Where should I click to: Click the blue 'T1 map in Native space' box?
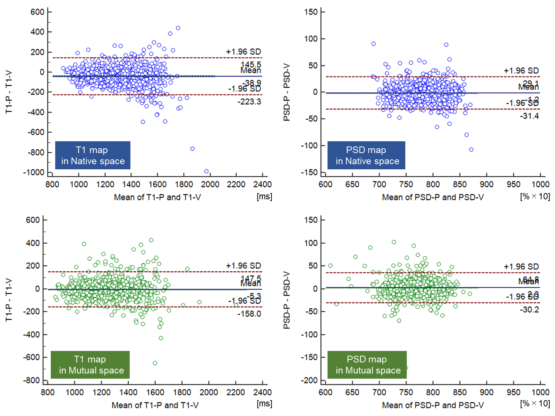[x=93, y=155]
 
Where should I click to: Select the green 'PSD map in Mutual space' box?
[x=367, y=365]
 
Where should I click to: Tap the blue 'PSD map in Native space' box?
[x=366, y=155]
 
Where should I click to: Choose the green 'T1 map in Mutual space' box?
[x=90, y=365]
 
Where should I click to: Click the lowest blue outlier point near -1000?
[x=206, y=171]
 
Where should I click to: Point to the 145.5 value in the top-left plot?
[x=251, y=64]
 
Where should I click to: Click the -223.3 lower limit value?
[x=249, y=102]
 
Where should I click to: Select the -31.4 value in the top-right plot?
[x=529, y=116]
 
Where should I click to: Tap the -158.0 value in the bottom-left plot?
[x=249, y=314]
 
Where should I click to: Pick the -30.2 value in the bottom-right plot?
[x=529, y=310]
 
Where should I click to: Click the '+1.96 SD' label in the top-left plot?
[x=243, y=52]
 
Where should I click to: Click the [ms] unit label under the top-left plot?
[x=264, y=196]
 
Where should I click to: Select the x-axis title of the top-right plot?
[x=433, y=197]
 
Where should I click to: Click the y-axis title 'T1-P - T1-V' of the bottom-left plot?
[x=9, y=300]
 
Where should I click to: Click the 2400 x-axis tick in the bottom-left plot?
[x=262, y=392]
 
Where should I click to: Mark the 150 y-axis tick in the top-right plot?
[x=311, y=12]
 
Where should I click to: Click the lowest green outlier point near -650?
[x=155, y=363]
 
